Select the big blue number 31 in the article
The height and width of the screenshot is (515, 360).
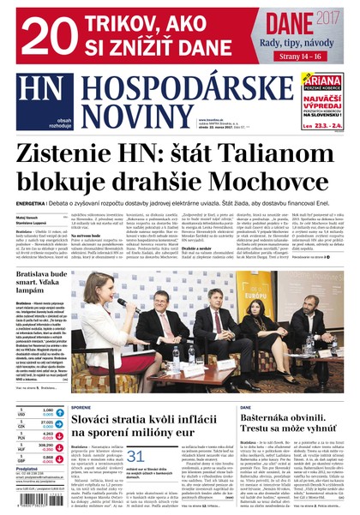(135, 456)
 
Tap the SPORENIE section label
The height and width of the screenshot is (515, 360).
(81, 408)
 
